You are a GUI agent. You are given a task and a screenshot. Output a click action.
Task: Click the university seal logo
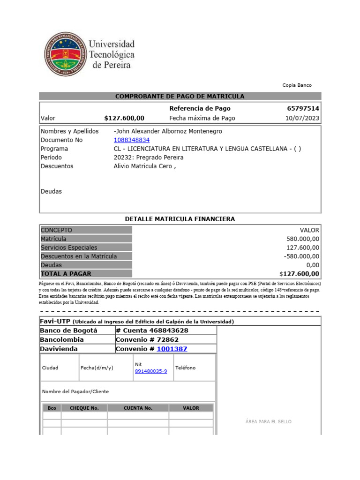click(65, 54)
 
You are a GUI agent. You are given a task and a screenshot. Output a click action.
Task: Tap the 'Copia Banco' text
click(297, 85)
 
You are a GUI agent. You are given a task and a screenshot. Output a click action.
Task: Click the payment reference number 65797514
click(303, 109)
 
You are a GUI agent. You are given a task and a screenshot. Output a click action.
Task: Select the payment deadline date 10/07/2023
click(302, 118)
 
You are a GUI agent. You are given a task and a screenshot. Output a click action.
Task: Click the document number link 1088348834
click(132, 140)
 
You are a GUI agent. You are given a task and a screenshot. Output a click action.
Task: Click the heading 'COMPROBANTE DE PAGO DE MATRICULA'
click(180, 96)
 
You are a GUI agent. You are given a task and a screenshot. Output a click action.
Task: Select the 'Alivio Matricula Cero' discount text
click(144, 166)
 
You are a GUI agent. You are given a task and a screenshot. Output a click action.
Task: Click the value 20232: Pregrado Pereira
click(149, 157)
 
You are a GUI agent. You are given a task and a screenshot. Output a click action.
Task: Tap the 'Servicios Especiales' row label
click(69, 247)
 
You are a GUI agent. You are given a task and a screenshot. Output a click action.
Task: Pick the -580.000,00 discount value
click(301, 256)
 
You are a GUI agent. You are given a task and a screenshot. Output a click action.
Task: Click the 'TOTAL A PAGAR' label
click(66, 274)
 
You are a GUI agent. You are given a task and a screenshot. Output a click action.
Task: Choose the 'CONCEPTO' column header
click(57, 230)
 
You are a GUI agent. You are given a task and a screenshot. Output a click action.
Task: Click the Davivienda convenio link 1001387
click(172, 349)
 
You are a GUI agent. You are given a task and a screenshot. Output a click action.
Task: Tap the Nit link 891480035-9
click(151, 371)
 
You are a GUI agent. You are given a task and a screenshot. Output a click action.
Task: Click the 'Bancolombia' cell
click(62, 339)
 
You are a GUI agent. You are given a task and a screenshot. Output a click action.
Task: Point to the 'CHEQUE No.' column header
click(84, 408)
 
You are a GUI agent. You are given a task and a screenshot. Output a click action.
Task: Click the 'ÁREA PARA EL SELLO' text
click(268, 422)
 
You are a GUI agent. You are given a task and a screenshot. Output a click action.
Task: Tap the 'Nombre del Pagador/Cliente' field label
click(75, 391)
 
